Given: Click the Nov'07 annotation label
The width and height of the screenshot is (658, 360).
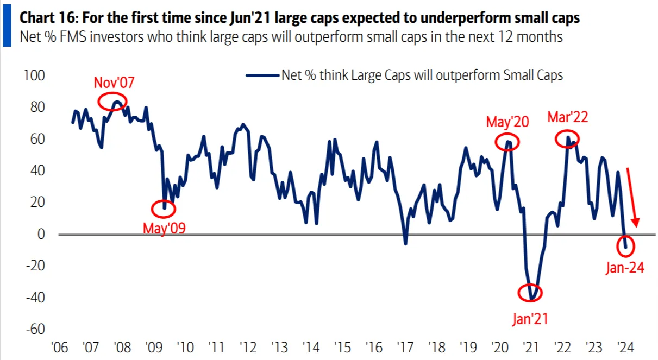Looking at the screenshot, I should [x=114, y=83].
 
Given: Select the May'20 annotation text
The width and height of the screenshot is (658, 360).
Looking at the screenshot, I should [x=507, y=122].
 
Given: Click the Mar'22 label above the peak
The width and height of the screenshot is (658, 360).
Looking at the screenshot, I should [x=568, y=117].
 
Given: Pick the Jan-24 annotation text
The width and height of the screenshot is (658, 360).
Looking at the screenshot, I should [x=625, y=267].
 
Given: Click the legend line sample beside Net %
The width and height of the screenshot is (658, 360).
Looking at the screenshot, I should [x=262, y=75].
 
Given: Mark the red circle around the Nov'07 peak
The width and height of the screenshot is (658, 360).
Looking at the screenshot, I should [x=113, y=101].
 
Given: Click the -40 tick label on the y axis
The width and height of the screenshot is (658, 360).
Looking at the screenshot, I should [x=34, y=298].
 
